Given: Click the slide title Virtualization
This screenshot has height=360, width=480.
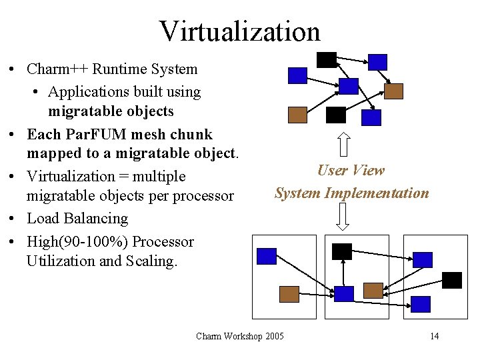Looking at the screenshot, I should (239, 31).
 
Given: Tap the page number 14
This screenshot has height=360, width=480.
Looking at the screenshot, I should (434, 336).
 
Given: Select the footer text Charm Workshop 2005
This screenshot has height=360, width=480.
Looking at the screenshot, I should (239, 336).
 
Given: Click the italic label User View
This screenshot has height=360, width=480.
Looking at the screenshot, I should (351, 170).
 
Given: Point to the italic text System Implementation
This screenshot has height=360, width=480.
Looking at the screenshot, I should (352, 193).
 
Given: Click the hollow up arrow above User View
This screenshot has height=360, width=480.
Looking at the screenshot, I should (343, 143).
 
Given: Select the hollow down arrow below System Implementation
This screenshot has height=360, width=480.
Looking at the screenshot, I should (343, 216).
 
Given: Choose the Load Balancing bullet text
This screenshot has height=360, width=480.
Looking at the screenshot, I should (77, 218).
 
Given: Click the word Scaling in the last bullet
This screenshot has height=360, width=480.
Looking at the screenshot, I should (151, 261).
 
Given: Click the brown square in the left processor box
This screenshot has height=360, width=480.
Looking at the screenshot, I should (289, 294).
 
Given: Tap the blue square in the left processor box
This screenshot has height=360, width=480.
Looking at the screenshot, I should (267, 256).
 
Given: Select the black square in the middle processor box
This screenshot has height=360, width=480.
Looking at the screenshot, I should (342, 251).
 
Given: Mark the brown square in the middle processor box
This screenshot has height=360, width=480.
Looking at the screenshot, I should (373, 290).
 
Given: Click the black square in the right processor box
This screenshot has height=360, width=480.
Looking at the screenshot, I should (452, 280).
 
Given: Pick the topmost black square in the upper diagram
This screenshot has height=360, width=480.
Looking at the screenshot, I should (326, 59).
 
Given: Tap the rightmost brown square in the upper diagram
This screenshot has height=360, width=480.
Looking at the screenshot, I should (393, 91).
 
